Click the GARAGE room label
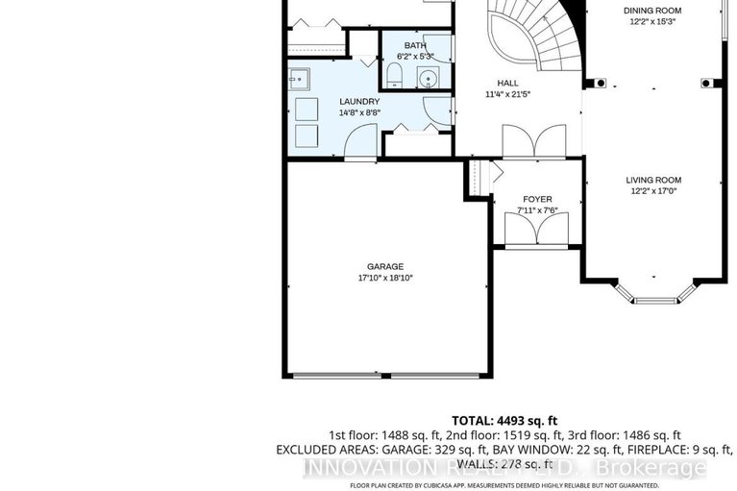(384, 266)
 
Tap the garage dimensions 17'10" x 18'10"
(384, 278)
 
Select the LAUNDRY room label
(359, 101)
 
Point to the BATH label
(415, 45)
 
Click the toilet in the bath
(395, 75)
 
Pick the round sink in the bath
(429, 77)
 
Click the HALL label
(507, 83)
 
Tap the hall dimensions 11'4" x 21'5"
(507, 95)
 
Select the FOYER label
(537, 199)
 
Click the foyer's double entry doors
(537, 230)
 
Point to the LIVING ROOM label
(653, 180)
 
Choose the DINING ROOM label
(653, 10)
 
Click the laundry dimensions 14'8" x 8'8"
(359, 112)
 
